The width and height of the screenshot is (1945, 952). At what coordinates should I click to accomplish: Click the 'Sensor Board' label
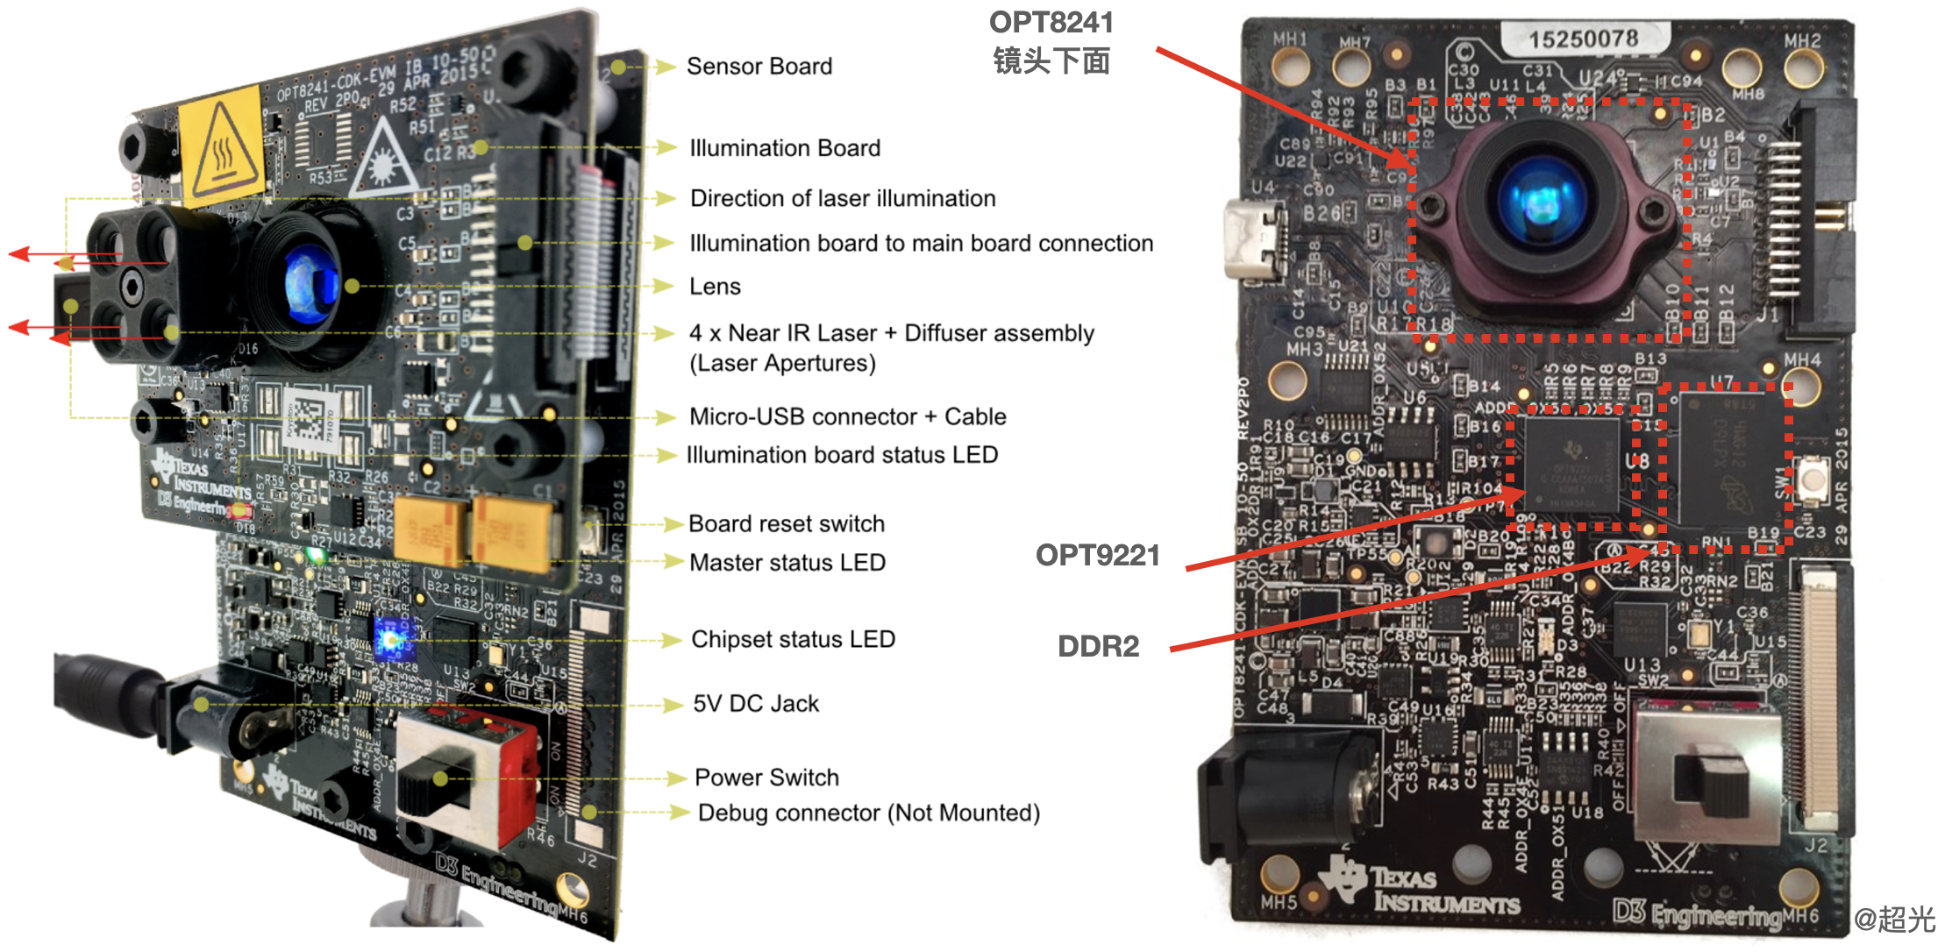coord(759,67)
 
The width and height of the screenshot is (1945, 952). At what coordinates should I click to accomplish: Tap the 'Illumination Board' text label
coord(785,148)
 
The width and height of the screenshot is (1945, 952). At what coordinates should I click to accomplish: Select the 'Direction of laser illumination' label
coord(843,199)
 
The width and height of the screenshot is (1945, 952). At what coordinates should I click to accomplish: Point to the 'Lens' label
coord(715,287)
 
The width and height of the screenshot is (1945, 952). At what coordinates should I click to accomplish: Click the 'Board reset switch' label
coord(787,524)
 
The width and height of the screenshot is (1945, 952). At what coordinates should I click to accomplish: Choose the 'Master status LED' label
coord(787,563)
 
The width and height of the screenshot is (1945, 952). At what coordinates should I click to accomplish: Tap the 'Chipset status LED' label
coord(793,639)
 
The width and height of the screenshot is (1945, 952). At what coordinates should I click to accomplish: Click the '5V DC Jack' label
coord(756,704)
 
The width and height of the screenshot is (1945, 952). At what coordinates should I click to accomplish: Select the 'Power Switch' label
coord(766,778)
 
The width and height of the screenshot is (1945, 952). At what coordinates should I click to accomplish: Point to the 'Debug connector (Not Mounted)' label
coord(868,813)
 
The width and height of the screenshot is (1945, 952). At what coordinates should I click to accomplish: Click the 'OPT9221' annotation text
coord(1098,555)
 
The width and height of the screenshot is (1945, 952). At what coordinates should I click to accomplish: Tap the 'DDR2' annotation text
coord(1098,646)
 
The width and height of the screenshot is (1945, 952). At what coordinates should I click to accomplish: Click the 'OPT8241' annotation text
coord(1051,23)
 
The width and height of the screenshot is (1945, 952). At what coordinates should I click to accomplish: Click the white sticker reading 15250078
coord(1583,39)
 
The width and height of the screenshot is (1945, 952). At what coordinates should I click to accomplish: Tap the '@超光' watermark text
coord(1894,919)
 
